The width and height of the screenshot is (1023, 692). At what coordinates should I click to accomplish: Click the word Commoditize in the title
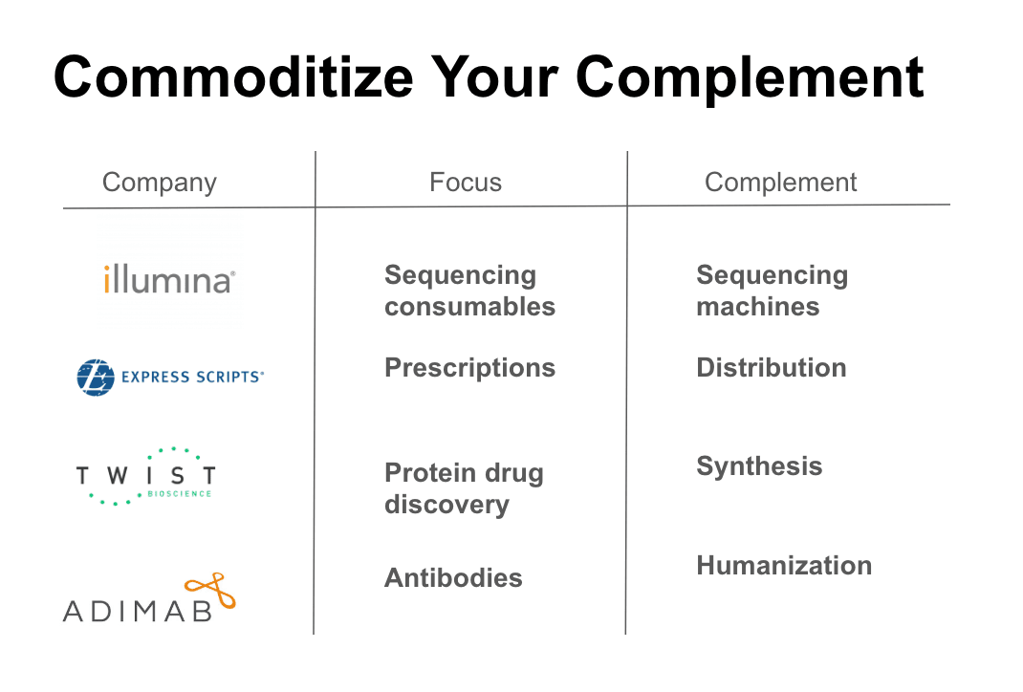point(233,77)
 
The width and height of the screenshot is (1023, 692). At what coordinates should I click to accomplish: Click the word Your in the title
point(494,77)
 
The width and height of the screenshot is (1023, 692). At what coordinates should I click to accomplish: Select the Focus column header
point(466,182)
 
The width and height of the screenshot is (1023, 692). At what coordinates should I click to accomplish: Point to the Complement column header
point(780,183)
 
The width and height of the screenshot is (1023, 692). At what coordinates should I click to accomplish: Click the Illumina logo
point(169,280)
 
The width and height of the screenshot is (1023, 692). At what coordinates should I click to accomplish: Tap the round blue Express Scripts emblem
point(96,378)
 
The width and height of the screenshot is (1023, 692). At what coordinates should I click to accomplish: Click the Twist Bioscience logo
point(146,477)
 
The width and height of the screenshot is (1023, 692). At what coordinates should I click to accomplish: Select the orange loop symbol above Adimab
point(210,590)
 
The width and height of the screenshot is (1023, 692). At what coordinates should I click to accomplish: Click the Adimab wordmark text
point(138,611)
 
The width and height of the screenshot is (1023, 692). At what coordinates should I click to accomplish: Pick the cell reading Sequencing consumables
point(469,291)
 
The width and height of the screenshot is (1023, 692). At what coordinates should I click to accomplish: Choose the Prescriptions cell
point(469,369)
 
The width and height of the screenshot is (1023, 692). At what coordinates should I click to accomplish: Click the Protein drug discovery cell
point(464,488)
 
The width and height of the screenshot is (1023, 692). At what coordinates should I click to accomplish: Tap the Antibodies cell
point(453,578)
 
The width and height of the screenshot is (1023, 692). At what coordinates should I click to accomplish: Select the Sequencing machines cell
point(773,291)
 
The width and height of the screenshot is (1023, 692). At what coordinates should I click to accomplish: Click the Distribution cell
point(772,368)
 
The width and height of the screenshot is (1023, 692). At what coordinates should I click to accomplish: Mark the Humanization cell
point(784,566)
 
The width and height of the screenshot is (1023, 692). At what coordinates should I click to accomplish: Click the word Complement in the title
point(750,78)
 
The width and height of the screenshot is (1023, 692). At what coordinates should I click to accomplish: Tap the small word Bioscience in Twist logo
point(180,494)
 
